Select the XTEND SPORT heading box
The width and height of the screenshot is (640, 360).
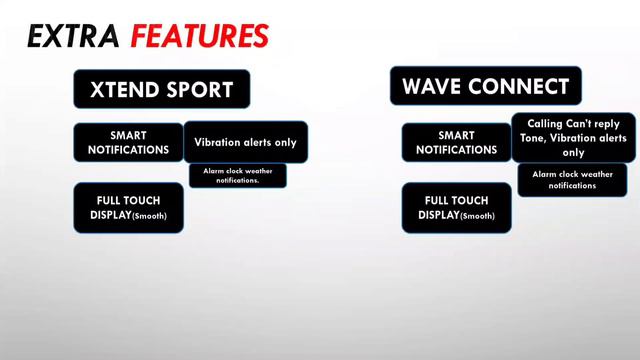[x=161, y=89]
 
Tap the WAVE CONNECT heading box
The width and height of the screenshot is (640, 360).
[x=485, y=85]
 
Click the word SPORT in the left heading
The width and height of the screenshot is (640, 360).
[x=201, y=89]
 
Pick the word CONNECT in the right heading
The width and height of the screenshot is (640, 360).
[x=517, y=85]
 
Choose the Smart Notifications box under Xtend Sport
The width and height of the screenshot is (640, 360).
[x=128, y=142]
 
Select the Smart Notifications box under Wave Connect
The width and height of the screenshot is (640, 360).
[x=455, y=142]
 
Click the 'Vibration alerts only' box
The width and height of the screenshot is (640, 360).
[x=246, y=142]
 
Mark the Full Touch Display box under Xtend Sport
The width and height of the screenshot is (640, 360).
[x=128, y=208]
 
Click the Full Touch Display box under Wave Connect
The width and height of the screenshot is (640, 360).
[x=455, y=208]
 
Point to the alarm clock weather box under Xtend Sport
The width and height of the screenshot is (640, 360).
[x=238, y=175]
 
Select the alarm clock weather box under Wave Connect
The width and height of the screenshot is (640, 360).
[x=573, y=180]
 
